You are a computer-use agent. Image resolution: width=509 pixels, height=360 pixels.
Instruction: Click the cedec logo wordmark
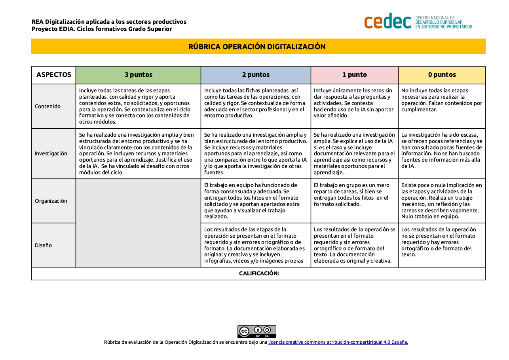pyautogui.click(x=387, y=21)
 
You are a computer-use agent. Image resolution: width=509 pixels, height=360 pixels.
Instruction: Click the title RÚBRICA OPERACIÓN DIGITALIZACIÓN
pyautogui.click(x=257, y=47)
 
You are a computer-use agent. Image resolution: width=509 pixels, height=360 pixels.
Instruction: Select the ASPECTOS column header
pyautogui.click(x=54, y=75)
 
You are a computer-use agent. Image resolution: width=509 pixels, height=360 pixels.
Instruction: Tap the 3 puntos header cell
pyautogui.click(x=138, y=75)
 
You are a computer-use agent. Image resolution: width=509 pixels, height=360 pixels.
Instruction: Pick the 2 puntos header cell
pyautogui.click(x=256, y=75)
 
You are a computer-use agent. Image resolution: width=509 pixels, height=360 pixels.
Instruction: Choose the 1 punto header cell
pyautogui.click(x=354, y=75)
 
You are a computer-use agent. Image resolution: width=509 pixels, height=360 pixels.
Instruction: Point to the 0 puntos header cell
pyautogui.click(x=442, y=75)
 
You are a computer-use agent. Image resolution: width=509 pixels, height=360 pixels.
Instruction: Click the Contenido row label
pyautogui.click(x=48, y=106)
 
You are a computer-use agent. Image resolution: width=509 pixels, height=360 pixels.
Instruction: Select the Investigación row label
pyautogui.click(x=51, y=153)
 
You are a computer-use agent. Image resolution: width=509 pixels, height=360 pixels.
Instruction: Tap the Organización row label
pyautogui.click(x=51, y=201)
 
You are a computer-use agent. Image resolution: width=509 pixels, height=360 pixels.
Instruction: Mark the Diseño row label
pyautogui.click(x=44, y=245)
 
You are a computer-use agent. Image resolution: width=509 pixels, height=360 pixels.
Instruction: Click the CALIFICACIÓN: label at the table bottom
pyautogui.click(x=259, y=274)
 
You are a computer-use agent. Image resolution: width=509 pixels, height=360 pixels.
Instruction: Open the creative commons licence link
pyautogui.click(x=338, y=342)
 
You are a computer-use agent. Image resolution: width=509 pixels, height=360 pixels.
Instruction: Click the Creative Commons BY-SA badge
pyautogui.click(x=256, y=331)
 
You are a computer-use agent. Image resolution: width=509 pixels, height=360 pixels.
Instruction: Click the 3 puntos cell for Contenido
pyautogui.click(x=138, y=106)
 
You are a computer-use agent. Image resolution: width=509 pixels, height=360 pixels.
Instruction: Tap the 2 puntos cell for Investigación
pyautogui.click(x=256, y=153)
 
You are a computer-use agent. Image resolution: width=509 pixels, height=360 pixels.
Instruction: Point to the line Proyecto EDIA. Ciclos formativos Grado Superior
pyautogui.click(x=102, y=29)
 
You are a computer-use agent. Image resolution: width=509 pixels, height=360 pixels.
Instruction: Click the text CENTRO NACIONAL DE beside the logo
pyautogui.click(x=435, y=18)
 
